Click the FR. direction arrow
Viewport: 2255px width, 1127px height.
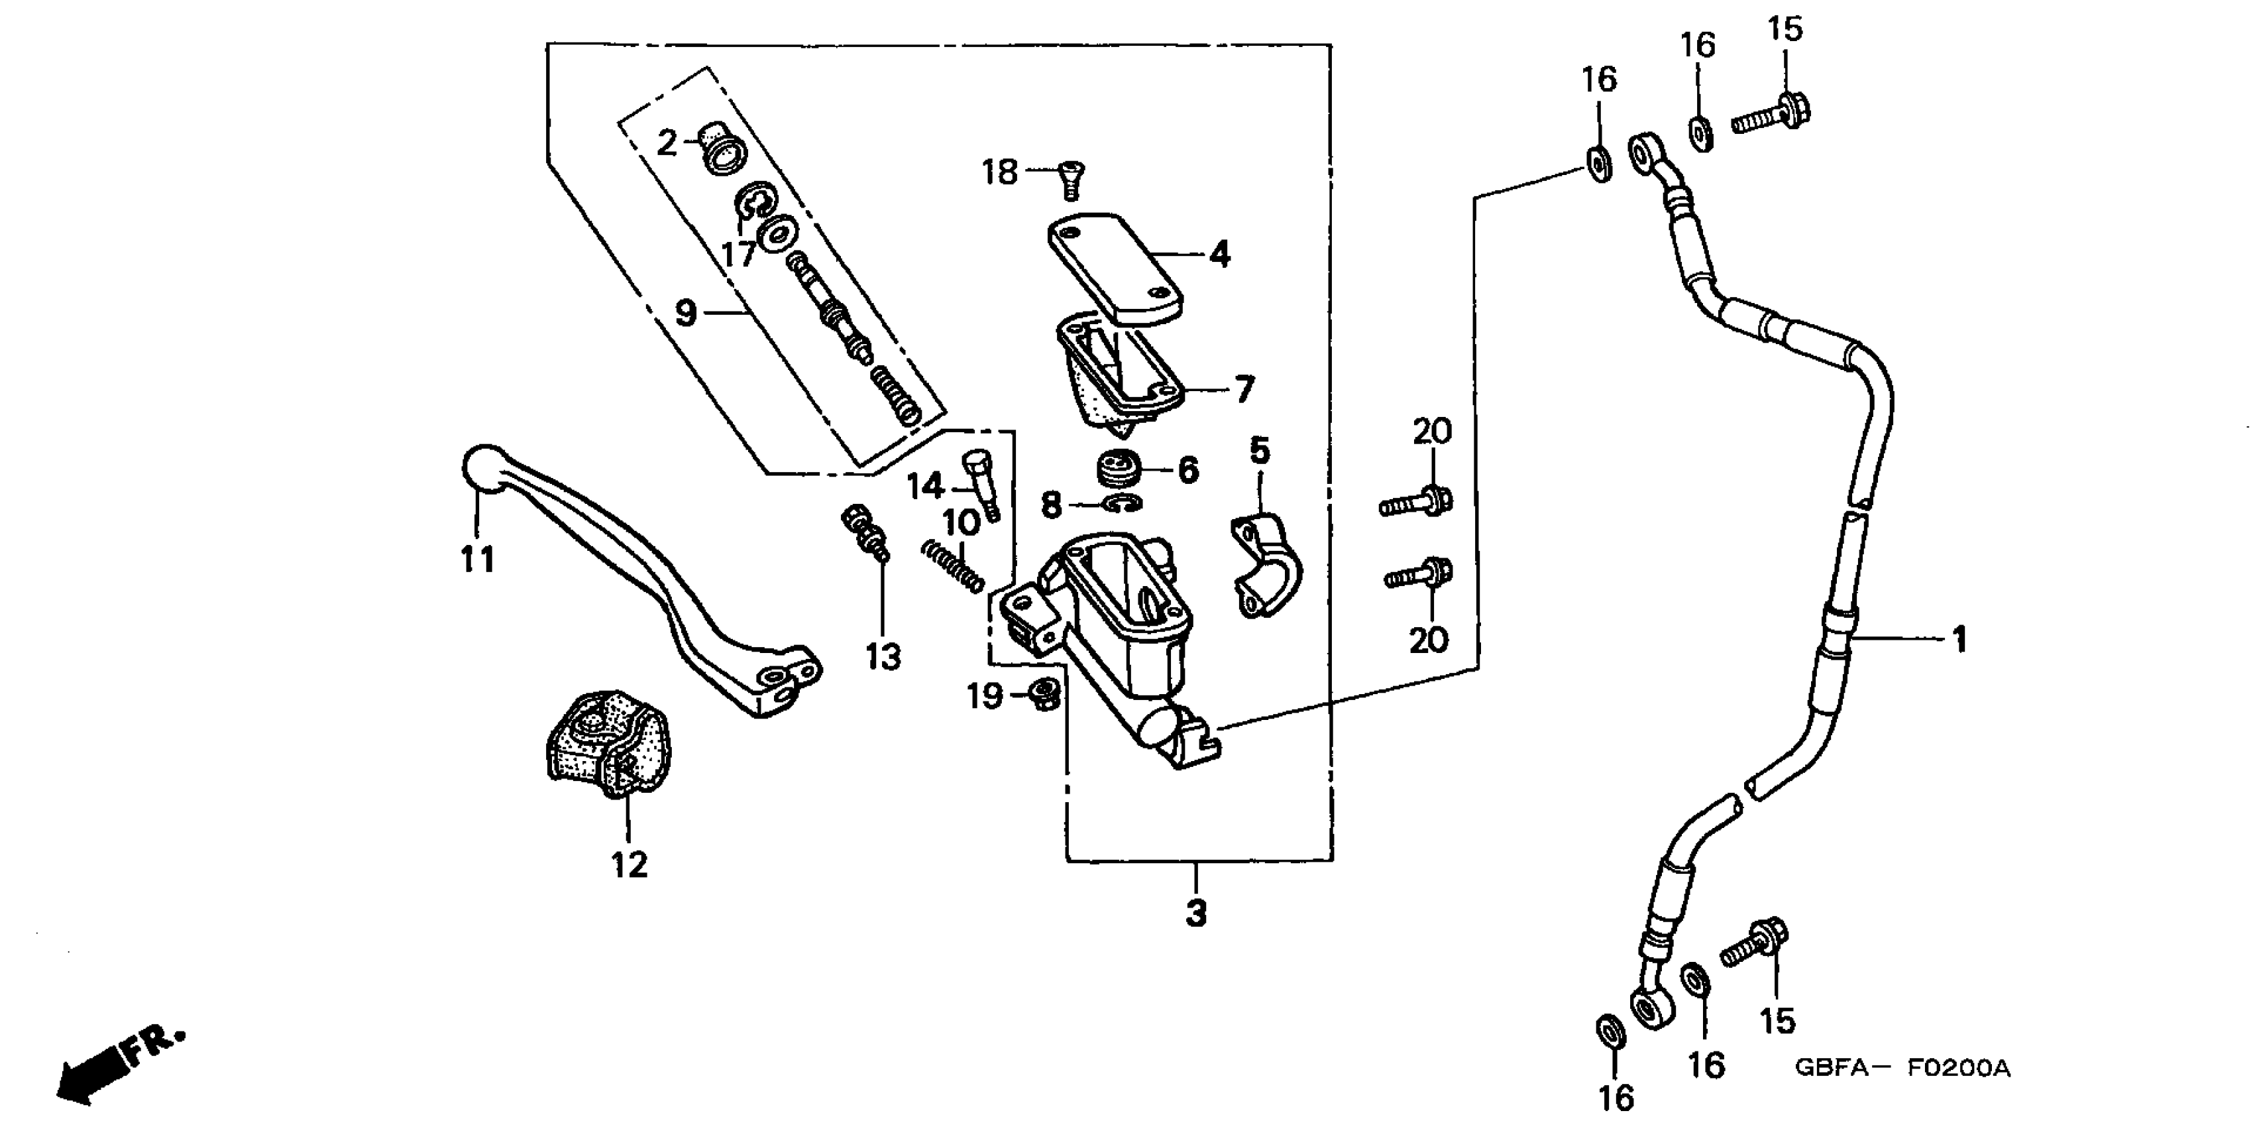click(118, 1064)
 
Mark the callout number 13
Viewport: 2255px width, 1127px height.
click(883, 655)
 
